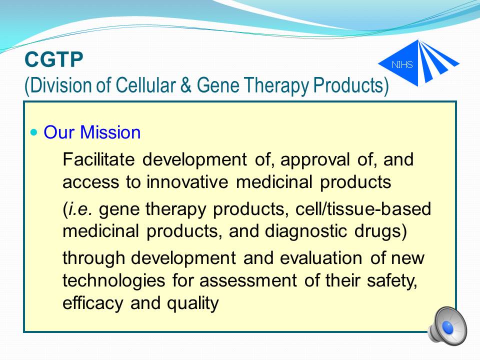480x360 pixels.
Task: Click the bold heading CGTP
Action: (54, 59)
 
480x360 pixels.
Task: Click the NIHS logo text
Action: (402, 64)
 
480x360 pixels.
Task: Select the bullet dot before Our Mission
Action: (34, 132)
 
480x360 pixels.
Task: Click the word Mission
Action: (110, 132)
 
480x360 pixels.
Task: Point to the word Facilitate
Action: (98, 159)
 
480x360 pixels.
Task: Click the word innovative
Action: (187, 181)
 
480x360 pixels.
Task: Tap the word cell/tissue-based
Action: (363, 209)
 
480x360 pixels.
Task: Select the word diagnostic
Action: (306, 231)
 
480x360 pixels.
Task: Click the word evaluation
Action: (321, 258)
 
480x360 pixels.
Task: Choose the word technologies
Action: (114, 281)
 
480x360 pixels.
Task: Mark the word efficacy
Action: (93, 303)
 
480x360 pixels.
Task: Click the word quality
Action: (193, 303)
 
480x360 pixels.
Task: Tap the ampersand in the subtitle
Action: (186, 85)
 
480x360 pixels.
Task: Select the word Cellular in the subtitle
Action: (145, 85)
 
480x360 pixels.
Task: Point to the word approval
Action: (315, 160)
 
